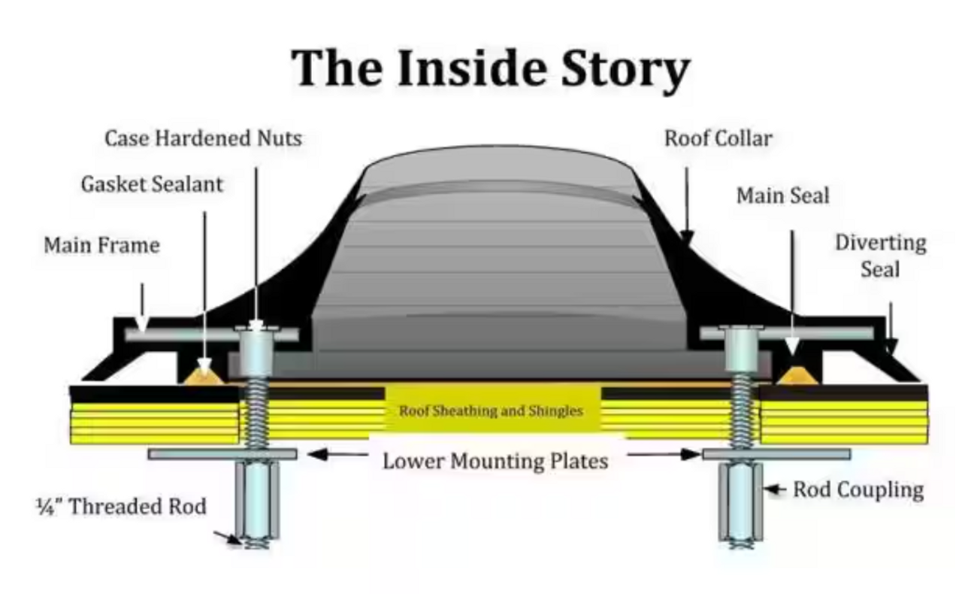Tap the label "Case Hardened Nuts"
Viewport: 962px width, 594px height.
pos(203,138)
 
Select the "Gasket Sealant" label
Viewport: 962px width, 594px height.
pos(152,184)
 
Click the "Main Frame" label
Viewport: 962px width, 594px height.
pos(101,245)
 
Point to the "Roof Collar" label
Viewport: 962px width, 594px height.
pos(718,138)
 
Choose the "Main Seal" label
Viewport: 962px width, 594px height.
pos(782,195)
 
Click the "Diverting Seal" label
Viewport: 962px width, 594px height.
pos(880,256)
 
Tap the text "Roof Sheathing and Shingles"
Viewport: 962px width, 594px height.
pos(491,411)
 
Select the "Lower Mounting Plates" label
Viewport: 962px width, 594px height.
pos(495,460)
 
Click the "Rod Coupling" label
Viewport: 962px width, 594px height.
pos(858,490)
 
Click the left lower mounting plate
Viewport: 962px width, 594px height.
pos(222,454)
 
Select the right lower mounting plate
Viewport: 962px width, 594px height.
pos(776,454)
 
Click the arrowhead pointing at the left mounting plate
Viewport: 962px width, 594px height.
pos(316,454)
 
